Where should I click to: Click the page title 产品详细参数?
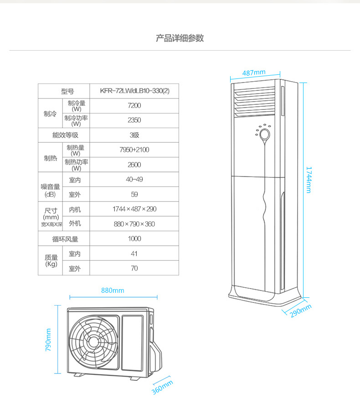[x=180, y=38]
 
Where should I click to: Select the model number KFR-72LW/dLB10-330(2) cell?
[x=134, y=91]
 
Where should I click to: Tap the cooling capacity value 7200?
[x=134, y=106]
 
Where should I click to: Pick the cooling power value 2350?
[x=134, y=120]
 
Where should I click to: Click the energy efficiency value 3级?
[x=134, y=135]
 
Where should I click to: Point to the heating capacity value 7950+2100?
[x=134, y=150]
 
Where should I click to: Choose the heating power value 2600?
[x=134, y=165]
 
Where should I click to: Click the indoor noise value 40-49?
[x=134, y=179]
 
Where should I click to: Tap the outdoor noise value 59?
[x=134, y=194]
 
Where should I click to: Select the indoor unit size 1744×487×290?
[x=134, y=209]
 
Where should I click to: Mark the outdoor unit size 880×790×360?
[x=134, y=224]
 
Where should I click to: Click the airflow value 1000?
[x=134, y=239]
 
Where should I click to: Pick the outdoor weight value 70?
[x=134, y=268]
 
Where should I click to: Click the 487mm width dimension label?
[x=254, y=73]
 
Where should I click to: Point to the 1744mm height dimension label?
[x=309, y=180]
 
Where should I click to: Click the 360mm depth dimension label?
[x=162, y=387]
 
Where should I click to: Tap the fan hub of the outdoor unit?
[x=94, y=341]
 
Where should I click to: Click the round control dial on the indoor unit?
[x=264, y=134]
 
